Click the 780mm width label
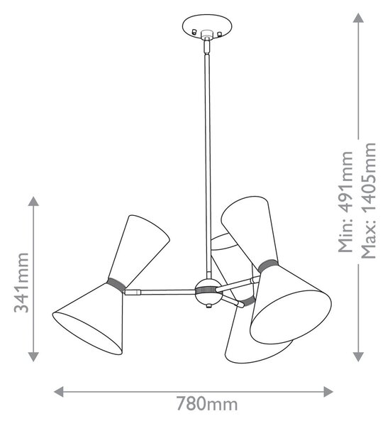click(207, 404)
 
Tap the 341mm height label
click(21, 283)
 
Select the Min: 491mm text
click(345, 202)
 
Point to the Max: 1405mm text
click(369, 200)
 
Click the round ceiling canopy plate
click(207, 27)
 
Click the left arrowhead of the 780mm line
click(58, 392)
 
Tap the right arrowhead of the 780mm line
click(328, 392)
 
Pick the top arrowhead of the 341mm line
click(33, 201)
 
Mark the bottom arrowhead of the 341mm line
click(33, 356)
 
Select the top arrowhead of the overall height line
click(358, 18)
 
